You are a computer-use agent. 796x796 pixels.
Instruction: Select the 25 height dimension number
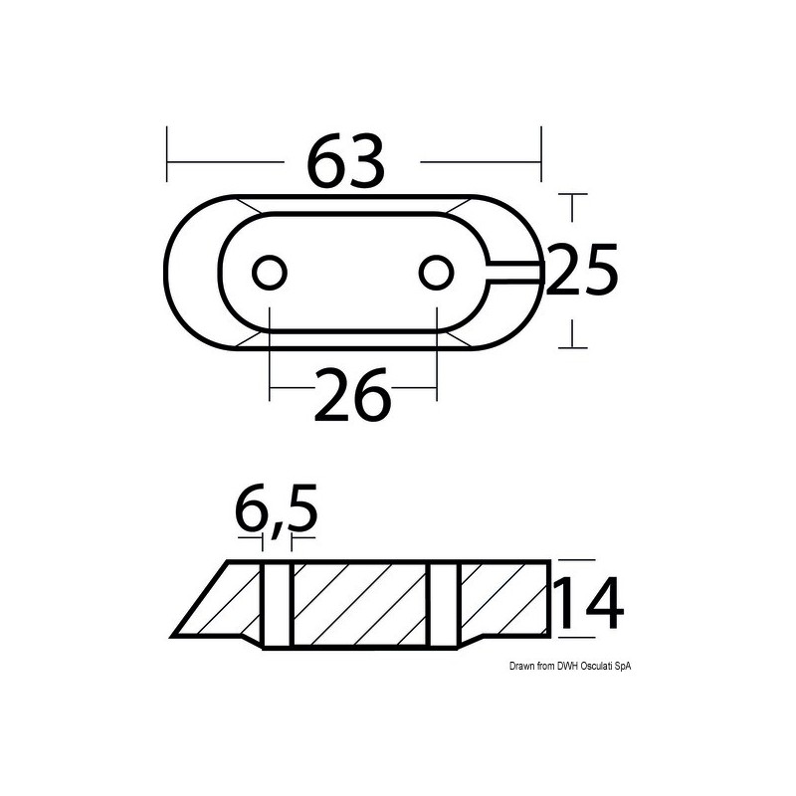click(x=582, y=270)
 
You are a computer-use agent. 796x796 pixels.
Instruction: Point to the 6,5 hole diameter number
click(x=276, y=511)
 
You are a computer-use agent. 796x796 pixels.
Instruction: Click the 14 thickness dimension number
click(x=588, y=605)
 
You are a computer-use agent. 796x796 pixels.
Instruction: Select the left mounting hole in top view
click(x=269, y=272)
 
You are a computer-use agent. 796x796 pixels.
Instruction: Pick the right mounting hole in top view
click(x=436, y=272)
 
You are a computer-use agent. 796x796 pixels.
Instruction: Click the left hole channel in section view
click(x=277, y=605)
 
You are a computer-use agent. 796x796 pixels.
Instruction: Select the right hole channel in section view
click(x=444, y=605)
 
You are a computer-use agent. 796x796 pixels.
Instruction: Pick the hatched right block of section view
click(x=502, y=597)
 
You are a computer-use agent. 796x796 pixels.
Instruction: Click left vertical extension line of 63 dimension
click(x=168, y=154)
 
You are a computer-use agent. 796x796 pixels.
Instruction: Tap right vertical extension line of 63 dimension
click(x=541, y=154)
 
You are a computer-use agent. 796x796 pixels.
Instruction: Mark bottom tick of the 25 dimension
click(x=572, y=346)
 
